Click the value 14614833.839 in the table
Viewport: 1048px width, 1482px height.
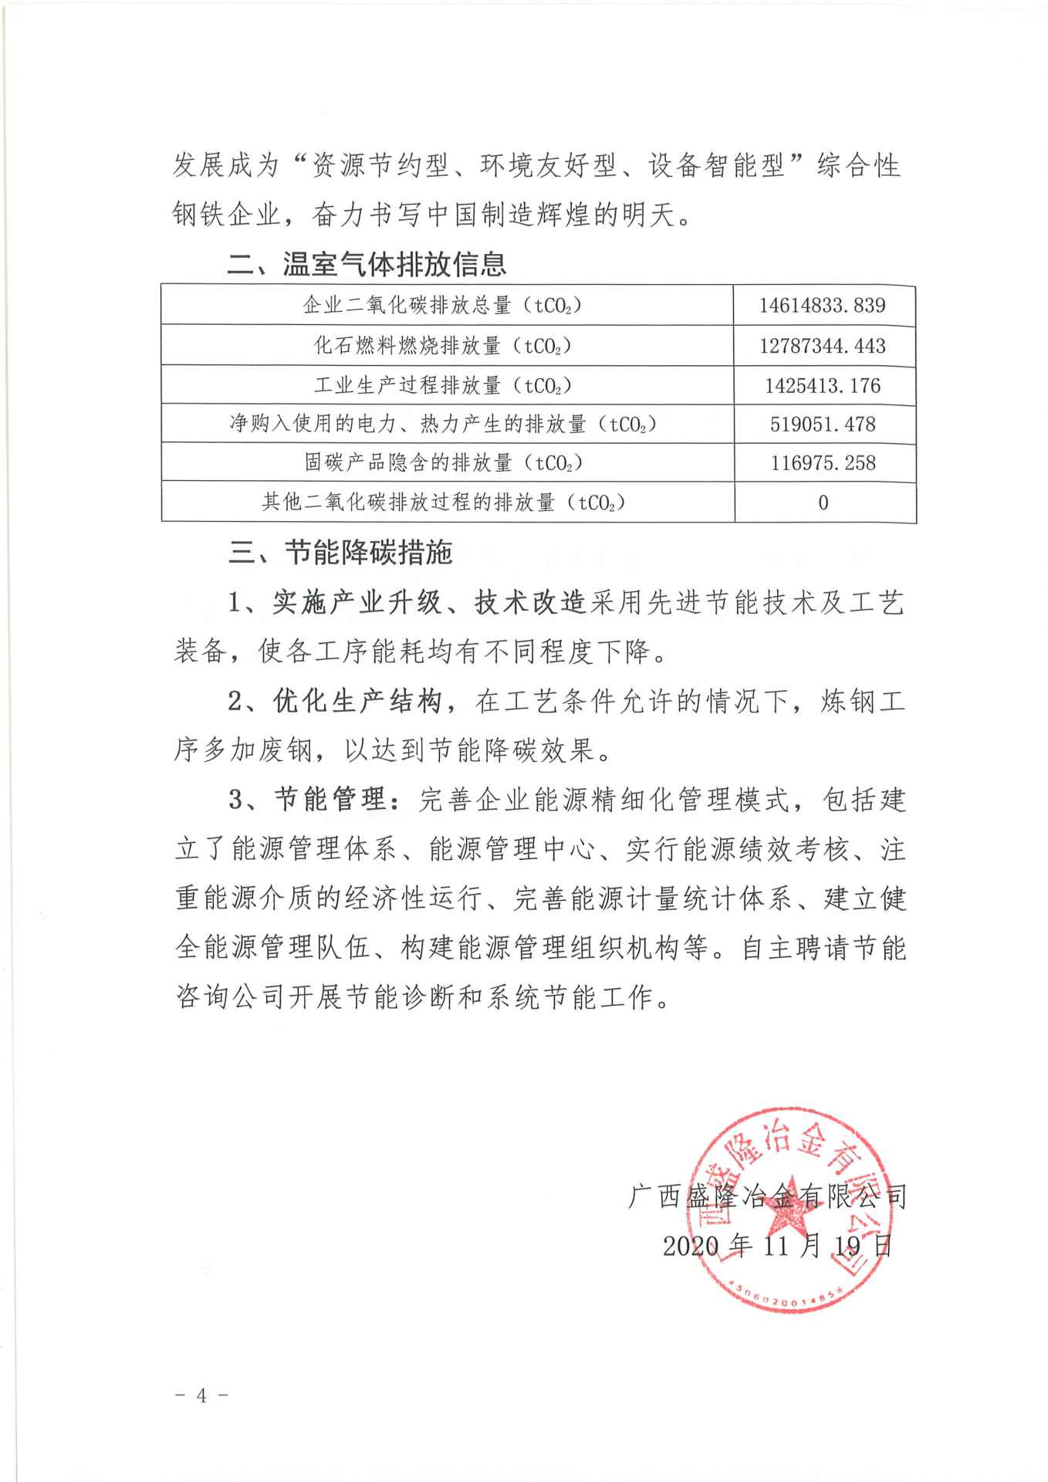coord(822,305)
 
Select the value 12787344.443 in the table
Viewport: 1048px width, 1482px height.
coord(822,345)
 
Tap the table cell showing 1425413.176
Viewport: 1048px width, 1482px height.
coord(822,384)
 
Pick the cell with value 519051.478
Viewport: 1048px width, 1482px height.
coord(822,424)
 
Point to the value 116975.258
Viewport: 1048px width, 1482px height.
coord(822,462)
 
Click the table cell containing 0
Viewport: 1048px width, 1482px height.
coord(823,502)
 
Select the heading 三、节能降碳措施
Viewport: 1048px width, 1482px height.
coord(340,553)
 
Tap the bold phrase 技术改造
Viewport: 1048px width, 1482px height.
coord(530,603)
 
